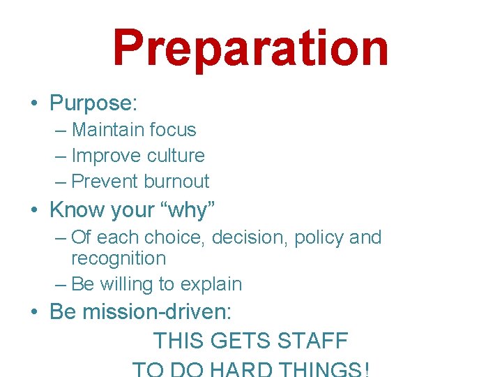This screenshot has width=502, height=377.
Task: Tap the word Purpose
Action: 91,103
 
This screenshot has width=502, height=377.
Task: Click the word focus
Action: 174,130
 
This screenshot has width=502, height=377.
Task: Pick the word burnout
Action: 176,182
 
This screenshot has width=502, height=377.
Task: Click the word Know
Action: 75,210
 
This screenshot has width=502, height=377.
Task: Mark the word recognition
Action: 119,259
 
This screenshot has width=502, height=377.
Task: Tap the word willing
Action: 131,285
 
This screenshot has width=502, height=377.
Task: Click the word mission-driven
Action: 157,311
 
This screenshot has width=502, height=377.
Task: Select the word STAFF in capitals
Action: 312,341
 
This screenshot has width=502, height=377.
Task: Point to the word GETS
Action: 242,341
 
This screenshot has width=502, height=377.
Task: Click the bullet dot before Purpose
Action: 34,104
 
